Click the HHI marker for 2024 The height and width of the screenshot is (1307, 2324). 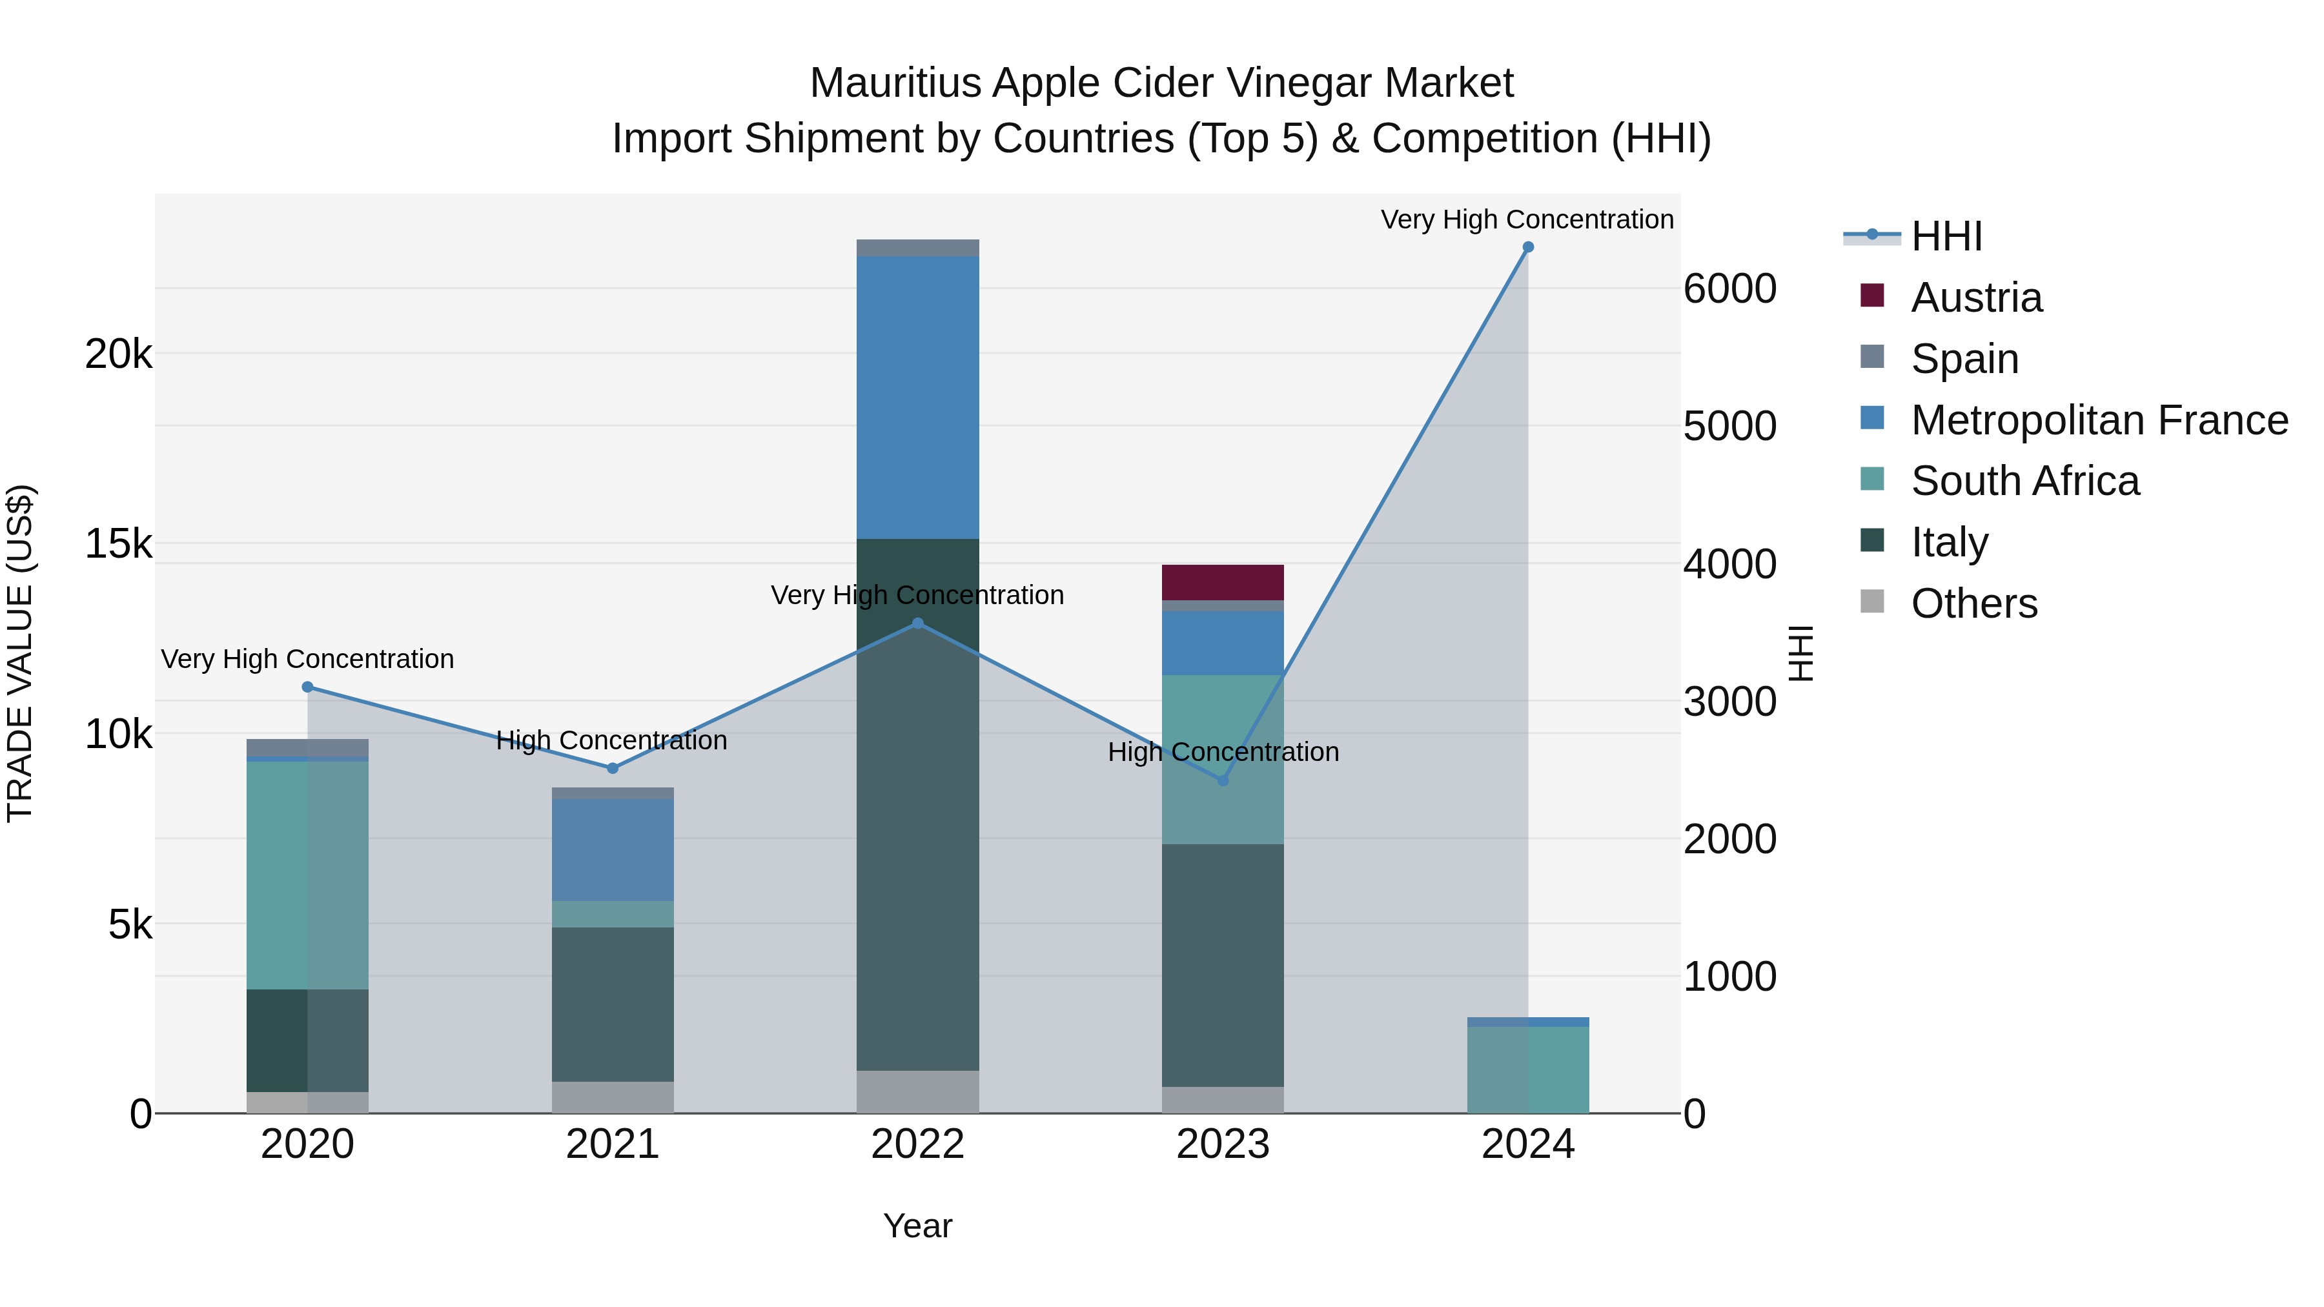(x=1527, y=247)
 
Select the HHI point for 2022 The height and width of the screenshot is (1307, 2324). (x=917, y=623)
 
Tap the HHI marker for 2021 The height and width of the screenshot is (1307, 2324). (x=613, y=769)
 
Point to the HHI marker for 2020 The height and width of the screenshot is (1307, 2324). (x=308, y=687)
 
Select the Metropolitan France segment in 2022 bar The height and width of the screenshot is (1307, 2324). (x=917, y=397)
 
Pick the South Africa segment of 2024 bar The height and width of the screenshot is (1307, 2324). (x=1527, y=1069)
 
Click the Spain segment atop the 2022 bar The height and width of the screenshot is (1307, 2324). (x=917, y=248)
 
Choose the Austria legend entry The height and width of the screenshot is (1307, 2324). (x=1976, y=298)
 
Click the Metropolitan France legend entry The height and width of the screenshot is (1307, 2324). (x=2099, y=420)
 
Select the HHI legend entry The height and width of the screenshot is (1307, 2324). (x=1946, y=236)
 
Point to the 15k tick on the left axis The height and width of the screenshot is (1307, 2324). (x=118, y=544)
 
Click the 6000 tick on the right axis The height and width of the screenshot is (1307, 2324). (x=1729, y=290)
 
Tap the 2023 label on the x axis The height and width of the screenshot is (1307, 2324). (x=1223, y=1144)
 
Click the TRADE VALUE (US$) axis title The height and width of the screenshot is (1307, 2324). (x=20, y=653)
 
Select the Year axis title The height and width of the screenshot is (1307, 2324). (x=917, y=1226)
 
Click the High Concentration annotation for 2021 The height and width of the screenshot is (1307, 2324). (x=612, y=740)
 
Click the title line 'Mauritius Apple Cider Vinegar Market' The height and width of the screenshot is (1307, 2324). (x=1161, y=83)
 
